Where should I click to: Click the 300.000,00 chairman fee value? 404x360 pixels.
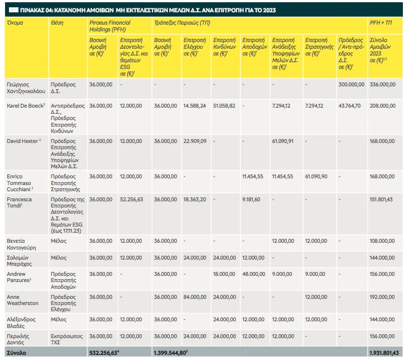(351, 84)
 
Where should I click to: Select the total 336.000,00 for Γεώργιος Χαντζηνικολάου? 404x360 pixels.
(382, 84)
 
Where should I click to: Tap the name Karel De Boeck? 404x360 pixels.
(25, 105)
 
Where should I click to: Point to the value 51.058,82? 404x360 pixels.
(224, 105)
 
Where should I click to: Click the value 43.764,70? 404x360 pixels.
(350, 105)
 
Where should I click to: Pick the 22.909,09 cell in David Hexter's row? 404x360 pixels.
(195, 141)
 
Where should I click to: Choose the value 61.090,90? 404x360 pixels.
(316, 177)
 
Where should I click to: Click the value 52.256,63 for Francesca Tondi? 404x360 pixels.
(132, 199)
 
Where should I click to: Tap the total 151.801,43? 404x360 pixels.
(381, 199)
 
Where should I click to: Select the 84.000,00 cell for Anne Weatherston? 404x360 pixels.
(195, 297)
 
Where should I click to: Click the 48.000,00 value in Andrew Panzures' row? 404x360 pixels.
(253, 274)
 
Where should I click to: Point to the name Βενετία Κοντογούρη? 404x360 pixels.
(21, 244)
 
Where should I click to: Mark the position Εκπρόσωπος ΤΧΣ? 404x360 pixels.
(67, 339)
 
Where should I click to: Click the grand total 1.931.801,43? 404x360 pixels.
(384, 353)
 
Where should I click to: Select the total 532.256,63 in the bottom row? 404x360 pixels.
(104, 353)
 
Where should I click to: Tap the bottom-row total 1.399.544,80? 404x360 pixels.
(170, 353)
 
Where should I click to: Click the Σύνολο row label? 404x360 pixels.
(16, 353)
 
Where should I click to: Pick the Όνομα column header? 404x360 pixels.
(15, 22)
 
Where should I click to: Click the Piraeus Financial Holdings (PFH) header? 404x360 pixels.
(110, 26)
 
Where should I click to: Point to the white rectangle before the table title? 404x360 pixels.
(13, 10)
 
